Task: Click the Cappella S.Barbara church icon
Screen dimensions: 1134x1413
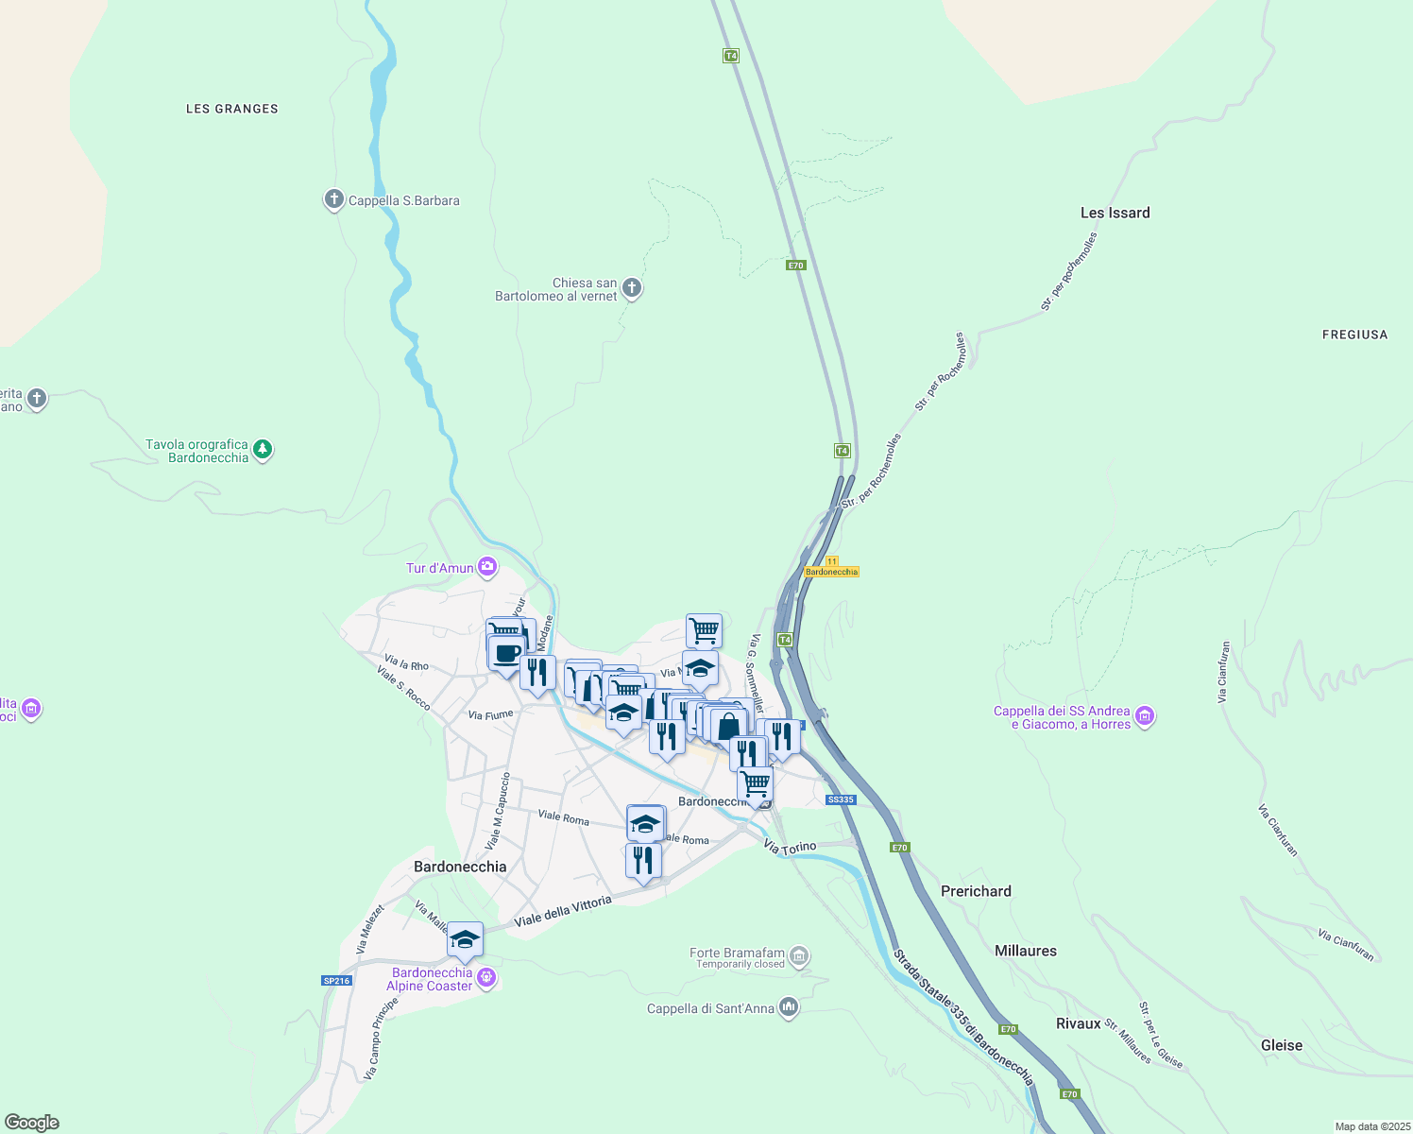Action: [x=333, y=199]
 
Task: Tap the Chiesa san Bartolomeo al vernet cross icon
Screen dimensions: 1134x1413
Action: [x=632, y=288]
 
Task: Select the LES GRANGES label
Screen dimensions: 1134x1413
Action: [x=232, y=109]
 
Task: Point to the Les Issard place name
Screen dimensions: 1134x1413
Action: [x=1115, y=213]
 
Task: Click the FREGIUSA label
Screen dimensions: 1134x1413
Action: [x=1354, y=335]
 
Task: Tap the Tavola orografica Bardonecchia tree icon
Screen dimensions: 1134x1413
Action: [x=264, y=450]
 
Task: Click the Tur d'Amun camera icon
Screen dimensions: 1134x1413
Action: [x=487, y=567]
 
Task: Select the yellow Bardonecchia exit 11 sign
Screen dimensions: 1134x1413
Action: [x=831, y=568]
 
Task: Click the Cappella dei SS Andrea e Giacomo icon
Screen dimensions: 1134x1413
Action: [x=1145, y=716]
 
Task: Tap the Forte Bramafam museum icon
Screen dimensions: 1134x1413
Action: [x=799, y=956]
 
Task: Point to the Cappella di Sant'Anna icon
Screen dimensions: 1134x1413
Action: [x=789, y=1008]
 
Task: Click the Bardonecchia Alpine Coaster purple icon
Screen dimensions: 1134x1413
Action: [x=486, y=977]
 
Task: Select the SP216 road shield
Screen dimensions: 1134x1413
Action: [x=337, y=980]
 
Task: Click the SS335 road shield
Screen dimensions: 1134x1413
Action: [x=840, y=799]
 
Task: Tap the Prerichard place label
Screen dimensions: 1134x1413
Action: [x=976, y=891]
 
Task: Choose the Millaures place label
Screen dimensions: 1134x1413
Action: [x=1025, y=951]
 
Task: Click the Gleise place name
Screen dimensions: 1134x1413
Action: [x=1281, y=1045]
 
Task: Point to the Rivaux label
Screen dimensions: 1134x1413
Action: [x=1078, y=1023]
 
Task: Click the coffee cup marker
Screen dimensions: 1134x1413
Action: [x=506, y=652]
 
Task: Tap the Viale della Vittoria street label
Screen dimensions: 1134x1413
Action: [x=563, y=911]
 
